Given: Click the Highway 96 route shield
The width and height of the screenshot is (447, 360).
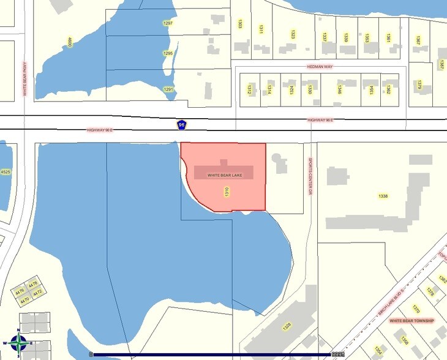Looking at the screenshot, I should (x=181, y=125).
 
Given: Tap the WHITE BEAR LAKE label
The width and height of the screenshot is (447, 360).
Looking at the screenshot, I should (x=225, y=175).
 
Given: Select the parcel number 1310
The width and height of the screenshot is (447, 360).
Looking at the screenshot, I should (x=227, y=191).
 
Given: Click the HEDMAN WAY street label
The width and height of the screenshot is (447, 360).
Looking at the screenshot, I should (x=320, y=66).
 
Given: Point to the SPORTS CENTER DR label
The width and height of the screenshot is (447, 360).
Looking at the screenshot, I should (x=310, y=176).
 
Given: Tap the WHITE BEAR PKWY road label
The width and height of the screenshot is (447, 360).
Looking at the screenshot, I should (x=25, y=79).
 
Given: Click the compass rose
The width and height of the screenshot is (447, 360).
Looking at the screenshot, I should (x=19, y=343).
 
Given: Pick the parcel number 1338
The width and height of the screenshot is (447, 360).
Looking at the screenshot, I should (x=383, y=196).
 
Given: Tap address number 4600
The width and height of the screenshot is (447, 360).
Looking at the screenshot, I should (x=70, y=42).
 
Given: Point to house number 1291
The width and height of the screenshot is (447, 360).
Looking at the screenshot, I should (x=168, y=89).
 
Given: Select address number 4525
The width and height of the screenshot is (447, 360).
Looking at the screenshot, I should (x=5, y=172).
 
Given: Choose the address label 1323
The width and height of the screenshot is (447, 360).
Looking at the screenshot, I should (x=293, y=35).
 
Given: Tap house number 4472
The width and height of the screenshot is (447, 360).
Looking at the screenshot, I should (x=37, y=293).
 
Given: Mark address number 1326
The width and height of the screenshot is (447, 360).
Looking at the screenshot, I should (x=286, y=328).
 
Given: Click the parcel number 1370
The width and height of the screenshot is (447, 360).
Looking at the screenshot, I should (x=416, y=309).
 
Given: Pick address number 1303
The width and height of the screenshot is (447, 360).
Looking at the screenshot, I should (x=239, y=24).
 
